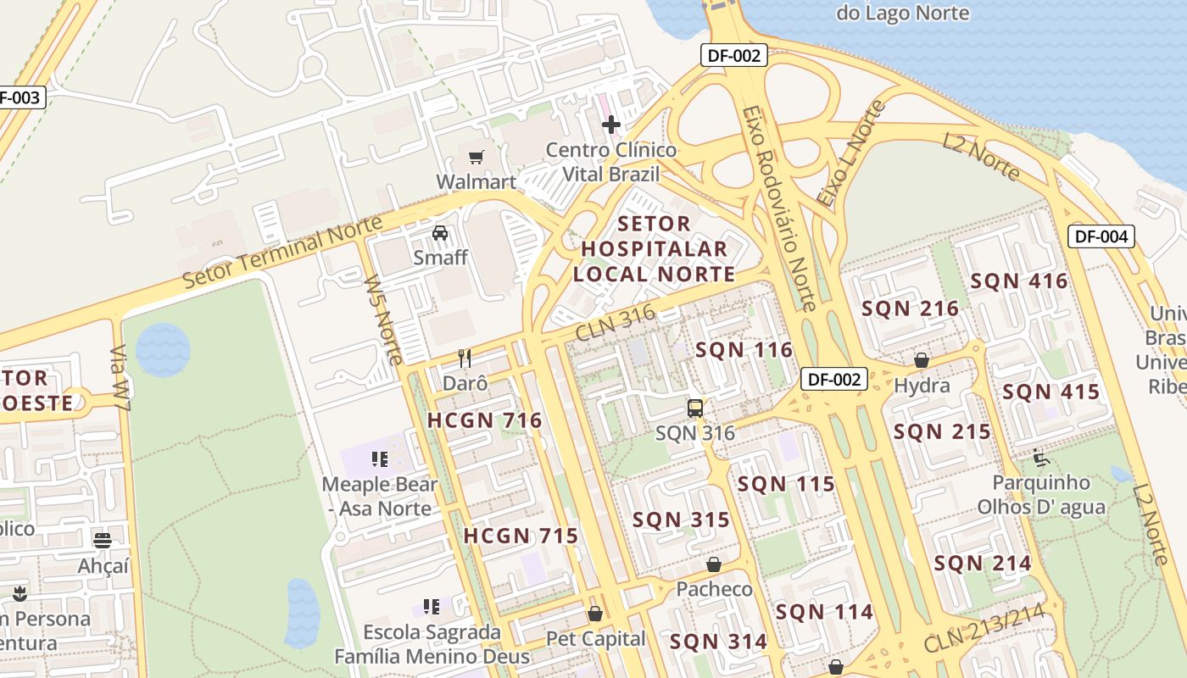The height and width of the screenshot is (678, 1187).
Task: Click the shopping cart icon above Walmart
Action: tap(476, 157)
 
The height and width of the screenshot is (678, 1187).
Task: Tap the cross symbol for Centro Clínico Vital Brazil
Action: tap(610, 125)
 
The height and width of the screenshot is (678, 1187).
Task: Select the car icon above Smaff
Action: tap(440, 233)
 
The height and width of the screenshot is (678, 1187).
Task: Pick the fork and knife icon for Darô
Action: tap(465, 358)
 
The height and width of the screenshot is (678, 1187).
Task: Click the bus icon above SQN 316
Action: tap(695, 408)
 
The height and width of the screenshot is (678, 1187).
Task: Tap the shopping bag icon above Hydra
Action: tap(922, 361)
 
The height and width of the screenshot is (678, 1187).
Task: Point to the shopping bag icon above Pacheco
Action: tap(714, 564)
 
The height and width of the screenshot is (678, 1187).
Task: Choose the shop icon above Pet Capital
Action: tap(595, 614)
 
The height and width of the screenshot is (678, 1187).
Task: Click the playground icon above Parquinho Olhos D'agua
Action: tap(1041, 458)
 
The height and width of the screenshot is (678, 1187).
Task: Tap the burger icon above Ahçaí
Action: tap(103, 540)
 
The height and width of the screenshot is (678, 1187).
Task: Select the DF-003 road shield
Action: tap(20, 97)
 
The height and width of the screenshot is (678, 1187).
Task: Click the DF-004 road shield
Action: tap(1101, 236)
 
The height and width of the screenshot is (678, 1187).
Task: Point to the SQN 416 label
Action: tap(1019, 281)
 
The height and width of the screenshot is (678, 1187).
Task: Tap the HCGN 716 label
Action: tap(484, 420)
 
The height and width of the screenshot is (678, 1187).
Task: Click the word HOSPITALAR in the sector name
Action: tap(655, 249)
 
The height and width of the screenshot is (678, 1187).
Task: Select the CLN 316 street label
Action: tap(616, 324)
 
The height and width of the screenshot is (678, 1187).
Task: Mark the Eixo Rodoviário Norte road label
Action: tap(778, 208)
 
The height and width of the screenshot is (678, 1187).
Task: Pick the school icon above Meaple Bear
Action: tap(379, 459)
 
